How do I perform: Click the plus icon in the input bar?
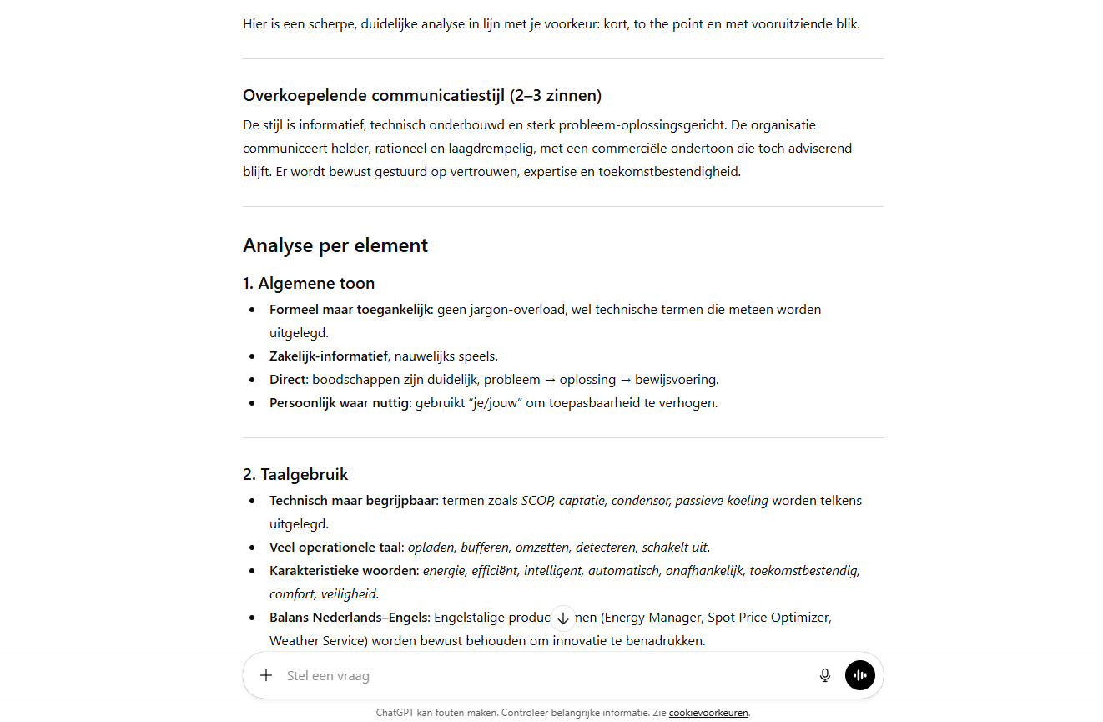pyautogui.click(x=266, y=675)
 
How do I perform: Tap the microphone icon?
pyautogui.click(x=825, y=675)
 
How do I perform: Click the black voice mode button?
pyautogui.click(x=859, y=675)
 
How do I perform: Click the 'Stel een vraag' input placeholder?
pyautogui.click(x=328, y=676)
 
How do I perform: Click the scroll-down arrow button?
pyautogui.click(x=563, y=618)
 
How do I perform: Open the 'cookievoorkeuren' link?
pyautogui.click(x=708, y=713)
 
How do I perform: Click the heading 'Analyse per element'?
pyautogui.click(x=335, y=245)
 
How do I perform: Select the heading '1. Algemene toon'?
pyautogui.click(x=309, y=283)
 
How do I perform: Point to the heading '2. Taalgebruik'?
pyautogui.click(x=295, y=474)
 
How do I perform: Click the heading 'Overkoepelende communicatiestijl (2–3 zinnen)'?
pyautogui.click(x=422, y=95)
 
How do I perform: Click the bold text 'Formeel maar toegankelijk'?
pyautogui.click(x=350, y=309)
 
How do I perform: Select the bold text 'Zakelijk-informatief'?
pyautogui.click(x=328, y=356)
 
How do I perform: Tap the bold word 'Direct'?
pyautogui.click(x=288, y=380)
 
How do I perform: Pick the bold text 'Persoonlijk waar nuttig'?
pyautogui.click(x=339, y=403)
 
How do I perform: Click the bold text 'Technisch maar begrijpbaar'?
pyautogui.click(x=352, y=501)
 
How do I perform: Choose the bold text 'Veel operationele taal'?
pyautogui.click(x=335, y=548)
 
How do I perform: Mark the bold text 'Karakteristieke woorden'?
pyautogui.click(x=342, y=571)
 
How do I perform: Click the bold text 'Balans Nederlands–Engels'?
pyautogui.click(x=349, y=618)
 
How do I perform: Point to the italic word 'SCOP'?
pyautogui.click(x=537, y=501)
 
